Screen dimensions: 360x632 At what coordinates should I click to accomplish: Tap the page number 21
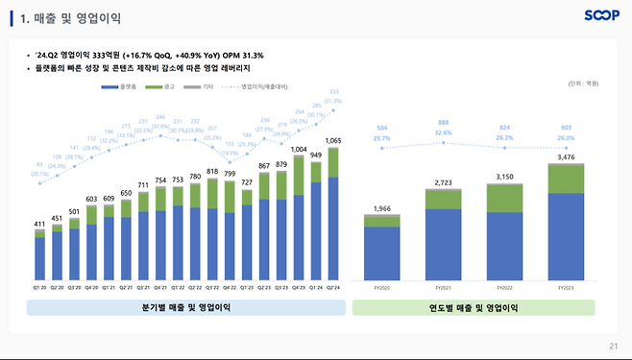614,347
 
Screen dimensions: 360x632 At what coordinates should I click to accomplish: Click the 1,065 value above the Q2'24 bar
332,140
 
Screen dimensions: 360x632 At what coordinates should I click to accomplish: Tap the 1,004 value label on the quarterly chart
299,150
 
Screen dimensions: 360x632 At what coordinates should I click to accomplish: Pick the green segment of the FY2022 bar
506,197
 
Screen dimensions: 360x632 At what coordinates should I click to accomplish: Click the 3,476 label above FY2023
565,156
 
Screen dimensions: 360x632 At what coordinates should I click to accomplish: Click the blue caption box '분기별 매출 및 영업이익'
185,307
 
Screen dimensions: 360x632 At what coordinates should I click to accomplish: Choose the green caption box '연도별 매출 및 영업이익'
473,307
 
